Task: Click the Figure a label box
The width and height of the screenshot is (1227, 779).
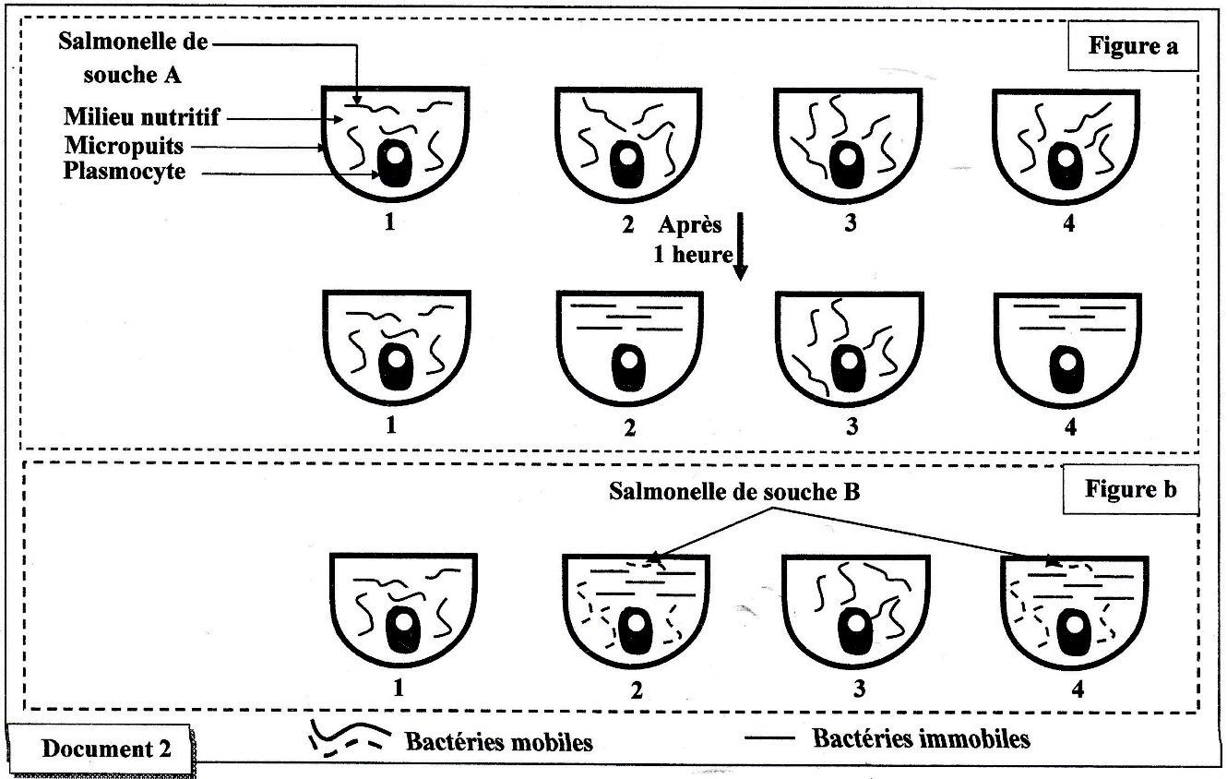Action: [x=1132, y=47]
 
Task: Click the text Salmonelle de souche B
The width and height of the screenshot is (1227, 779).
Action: [x=734, y=491]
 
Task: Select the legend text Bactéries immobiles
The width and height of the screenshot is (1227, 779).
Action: [x=921, y=738]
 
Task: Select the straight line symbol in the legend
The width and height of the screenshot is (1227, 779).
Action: [x=776, y=738]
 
